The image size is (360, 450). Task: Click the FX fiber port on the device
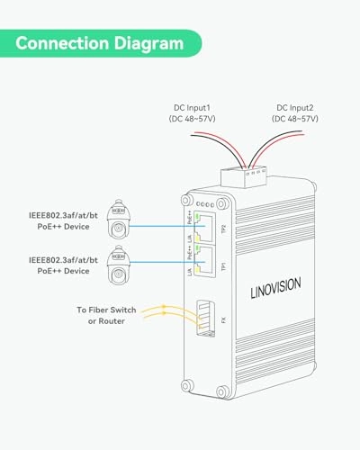coord(206,318)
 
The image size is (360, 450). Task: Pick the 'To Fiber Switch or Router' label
coord(106,315)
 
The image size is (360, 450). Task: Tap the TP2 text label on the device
coord(223,224)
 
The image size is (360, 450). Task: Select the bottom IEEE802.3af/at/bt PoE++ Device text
coord(58,265)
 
